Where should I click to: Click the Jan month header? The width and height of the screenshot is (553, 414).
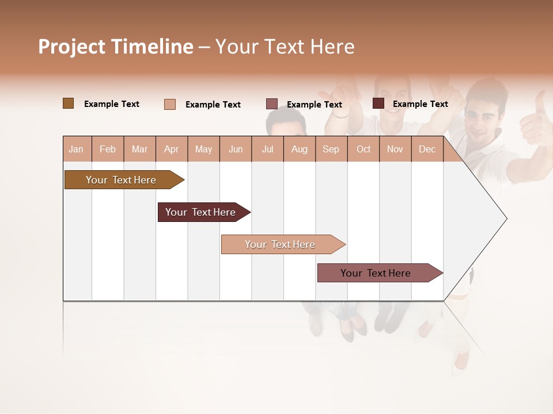tap(77, 149)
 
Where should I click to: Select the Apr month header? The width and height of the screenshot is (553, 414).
tap(172, 149)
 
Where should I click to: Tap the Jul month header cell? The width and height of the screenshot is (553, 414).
tap(267, 149)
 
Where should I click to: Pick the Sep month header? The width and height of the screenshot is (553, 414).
tap(331, 149)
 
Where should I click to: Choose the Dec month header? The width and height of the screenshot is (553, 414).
tap(427, 149)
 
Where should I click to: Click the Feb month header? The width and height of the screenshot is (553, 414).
tap(108, 149)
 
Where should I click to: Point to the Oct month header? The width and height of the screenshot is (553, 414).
tap(363, 149)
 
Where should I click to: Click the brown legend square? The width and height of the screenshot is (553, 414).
tap(68, 103)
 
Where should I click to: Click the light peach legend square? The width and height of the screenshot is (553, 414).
tap(170, 104)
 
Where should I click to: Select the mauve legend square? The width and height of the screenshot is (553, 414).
tap(272, 104)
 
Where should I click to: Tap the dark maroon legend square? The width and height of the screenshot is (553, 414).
tap(378, 103)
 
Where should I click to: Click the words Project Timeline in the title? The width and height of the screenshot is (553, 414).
tap(116, 47)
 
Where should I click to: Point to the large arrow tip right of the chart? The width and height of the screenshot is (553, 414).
tap(495, 218)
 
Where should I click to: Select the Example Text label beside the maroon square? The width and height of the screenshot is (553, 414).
tap(420, 104)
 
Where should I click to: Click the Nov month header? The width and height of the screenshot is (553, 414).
tap(395, 149)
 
